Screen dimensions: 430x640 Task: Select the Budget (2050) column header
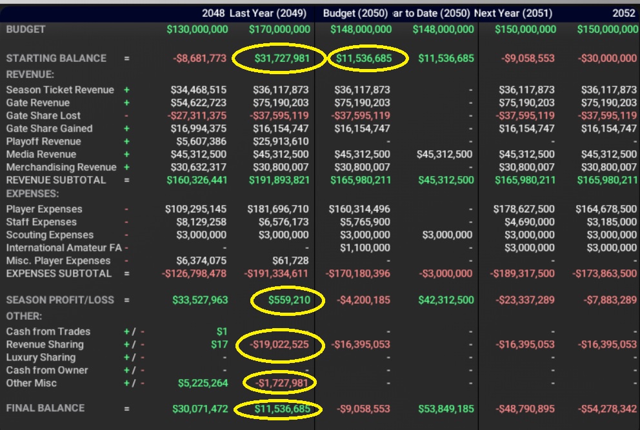[355, 14]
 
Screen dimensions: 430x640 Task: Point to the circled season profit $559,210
[285, 300]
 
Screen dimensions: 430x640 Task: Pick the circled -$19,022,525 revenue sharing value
[279, 345]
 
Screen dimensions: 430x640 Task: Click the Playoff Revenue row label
[44, 142]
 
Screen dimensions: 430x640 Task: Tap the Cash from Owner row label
[47, 371]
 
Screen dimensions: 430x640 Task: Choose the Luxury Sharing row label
[41, 358]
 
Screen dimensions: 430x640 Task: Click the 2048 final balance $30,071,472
[200, 408]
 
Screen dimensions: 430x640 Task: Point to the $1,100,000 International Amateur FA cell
[365, 248]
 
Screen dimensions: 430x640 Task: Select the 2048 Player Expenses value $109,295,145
[196, 210]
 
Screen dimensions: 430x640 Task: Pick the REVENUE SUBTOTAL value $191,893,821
[279, 181]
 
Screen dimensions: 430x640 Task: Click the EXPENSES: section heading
[32, 193]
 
